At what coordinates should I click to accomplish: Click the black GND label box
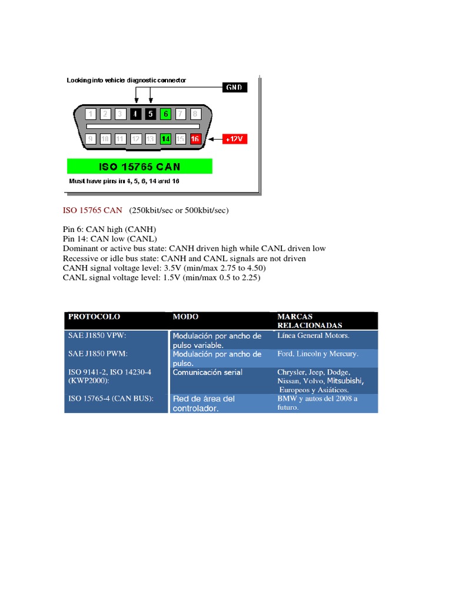point(235,87)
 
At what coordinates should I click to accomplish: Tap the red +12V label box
point(234,139)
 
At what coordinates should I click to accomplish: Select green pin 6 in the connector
point(165,114)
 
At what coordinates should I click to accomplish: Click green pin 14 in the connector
point(165,139)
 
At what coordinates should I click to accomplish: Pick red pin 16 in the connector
point(196,139)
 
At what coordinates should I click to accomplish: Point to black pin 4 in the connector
point(135,114)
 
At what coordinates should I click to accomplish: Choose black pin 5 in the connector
point(151,114)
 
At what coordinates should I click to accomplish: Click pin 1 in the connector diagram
point(90,114)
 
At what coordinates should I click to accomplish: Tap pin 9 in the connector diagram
point(90,139)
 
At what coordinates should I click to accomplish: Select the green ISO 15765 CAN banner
point(139,165)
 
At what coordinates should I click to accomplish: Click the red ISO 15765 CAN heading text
point(92,210)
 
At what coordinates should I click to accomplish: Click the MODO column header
point(185,317)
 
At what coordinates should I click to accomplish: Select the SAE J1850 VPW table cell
point(98,336)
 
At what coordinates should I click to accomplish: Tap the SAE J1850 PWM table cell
point(98,354)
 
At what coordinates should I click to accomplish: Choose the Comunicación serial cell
point(207,373)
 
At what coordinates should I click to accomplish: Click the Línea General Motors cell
point(313,336)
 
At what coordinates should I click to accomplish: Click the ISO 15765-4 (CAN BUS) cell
point(111,399)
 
